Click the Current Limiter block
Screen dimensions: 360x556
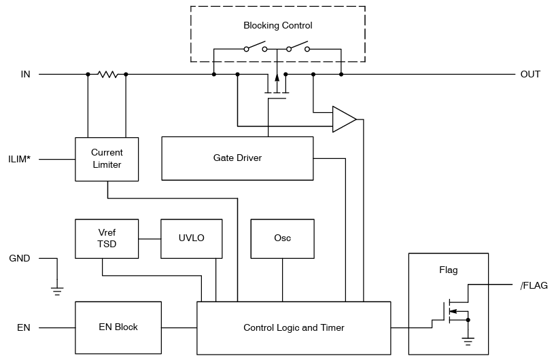pyautogui.click(x=107, y=159)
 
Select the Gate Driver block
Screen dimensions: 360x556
pyautogui.click(x=237, y=158)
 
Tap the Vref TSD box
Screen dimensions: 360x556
pyautogui.click(x=107, y=239)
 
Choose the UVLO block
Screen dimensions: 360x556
pyautogui.click(x=192, y=239)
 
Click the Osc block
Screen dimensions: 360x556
pyautogui.click(x=282, y=239)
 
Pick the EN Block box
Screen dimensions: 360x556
pyautogui.click(x=118, y=327)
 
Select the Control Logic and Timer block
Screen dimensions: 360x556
pyautogui.click(x=294, y=327)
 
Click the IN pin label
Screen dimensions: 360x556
pyautogui.click(x=25, y=74)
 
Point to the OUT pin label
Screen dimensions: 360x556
pyautogui.click(x=530, y=74)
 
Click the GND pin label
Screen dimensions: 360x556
pyautogui.click(x=20, y=258)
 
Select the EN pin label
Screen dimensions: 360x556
pyautogui.click(x=24, y=327)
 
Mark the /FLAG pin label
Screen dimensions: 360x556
pyautogui.click(x=534, y=285)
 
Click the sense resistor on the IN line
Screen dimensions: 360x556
pyautogui.click(x=107, y=74)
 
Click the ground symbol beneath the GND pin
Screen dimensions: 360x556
pyautogui.click(x=57, y=290)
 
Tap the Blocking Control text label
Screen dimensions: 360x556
pyautogui.click(x=277, y=26)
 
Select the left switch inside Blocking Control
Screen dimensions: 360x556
pyautogui.click(x=255, y=48)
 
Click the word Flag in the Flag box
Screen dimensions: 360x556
pyautogui.click(x=448, y=270)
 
